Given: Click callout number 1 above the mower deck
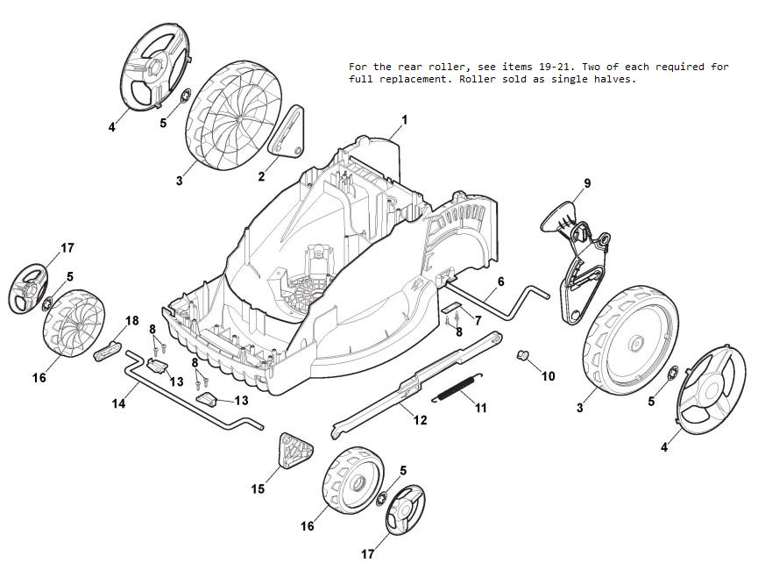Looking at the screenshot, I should (405, 119).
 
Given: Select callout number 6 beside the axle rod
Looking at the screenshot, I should (500, 281).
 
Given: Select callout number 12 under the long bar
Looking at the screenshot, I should (420, 420).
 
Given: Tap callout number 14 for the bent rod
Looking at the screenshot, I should (118, 404).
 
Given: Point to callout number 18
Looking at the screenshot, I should (132, 321).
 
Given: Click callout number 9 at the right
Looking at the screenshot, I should (587, 183).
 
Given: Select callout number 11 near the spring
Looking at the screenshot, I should (480, 408).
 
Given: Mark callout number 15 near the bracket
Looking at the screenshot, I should (258, 488).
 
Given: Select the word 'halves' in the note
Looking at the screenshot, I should (618, 79).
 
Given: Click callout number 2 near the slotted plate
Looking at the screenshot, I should (261, 176).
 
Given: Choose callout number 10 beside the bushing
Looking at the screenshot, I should (549, 377).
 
